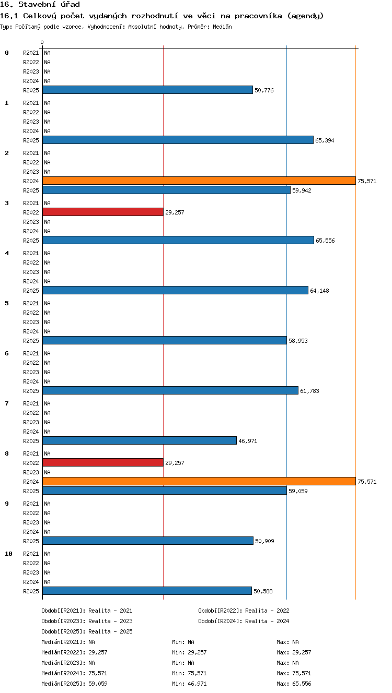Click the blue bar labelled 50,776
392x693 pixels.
click(x=147, y=90)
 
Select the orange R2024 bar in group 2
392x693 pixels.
click(x=199, y=181)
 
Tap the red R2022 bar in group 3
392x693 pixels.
click(x=103, y=212)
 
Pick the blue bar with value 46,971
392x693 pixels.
click(x=140, y=440)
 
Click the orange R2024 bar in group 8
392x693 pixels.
click(x=199, y=481)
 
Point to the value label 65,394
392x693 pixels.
click(x=325, y=140)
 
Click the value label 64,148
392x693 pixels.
click(x=319, y=291)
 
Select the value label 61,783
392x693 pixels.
click(x=309, y=391)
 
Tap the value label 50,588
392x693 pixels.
click(x=263, y=592)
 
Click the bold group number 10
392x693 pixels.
click(x=8, y=554)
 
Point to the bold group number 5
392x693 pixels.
click(x=7, y=303)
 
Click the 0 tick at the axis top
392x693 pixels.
click(x=42, y=42)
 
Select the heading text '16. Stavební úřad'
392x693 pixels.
click(x=40, y=4)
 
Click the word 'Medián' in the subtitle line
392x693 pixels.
click(x=222, y=27)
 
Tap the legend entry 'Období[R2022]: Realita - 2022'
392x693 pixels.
click(x=244, y=611)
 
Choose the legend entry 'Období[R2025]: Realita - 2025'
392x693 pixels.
click(x=87, y=631)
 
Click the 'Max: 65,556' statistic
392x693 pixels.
click(x=294, y=684)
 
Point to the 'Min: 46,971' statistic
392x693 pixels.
click(x=189, y=684)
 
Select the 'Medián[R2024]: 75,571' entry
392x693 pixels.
click(x=74, y=673)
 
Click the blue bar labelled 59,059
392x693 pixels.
click(x=165, y=491)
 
